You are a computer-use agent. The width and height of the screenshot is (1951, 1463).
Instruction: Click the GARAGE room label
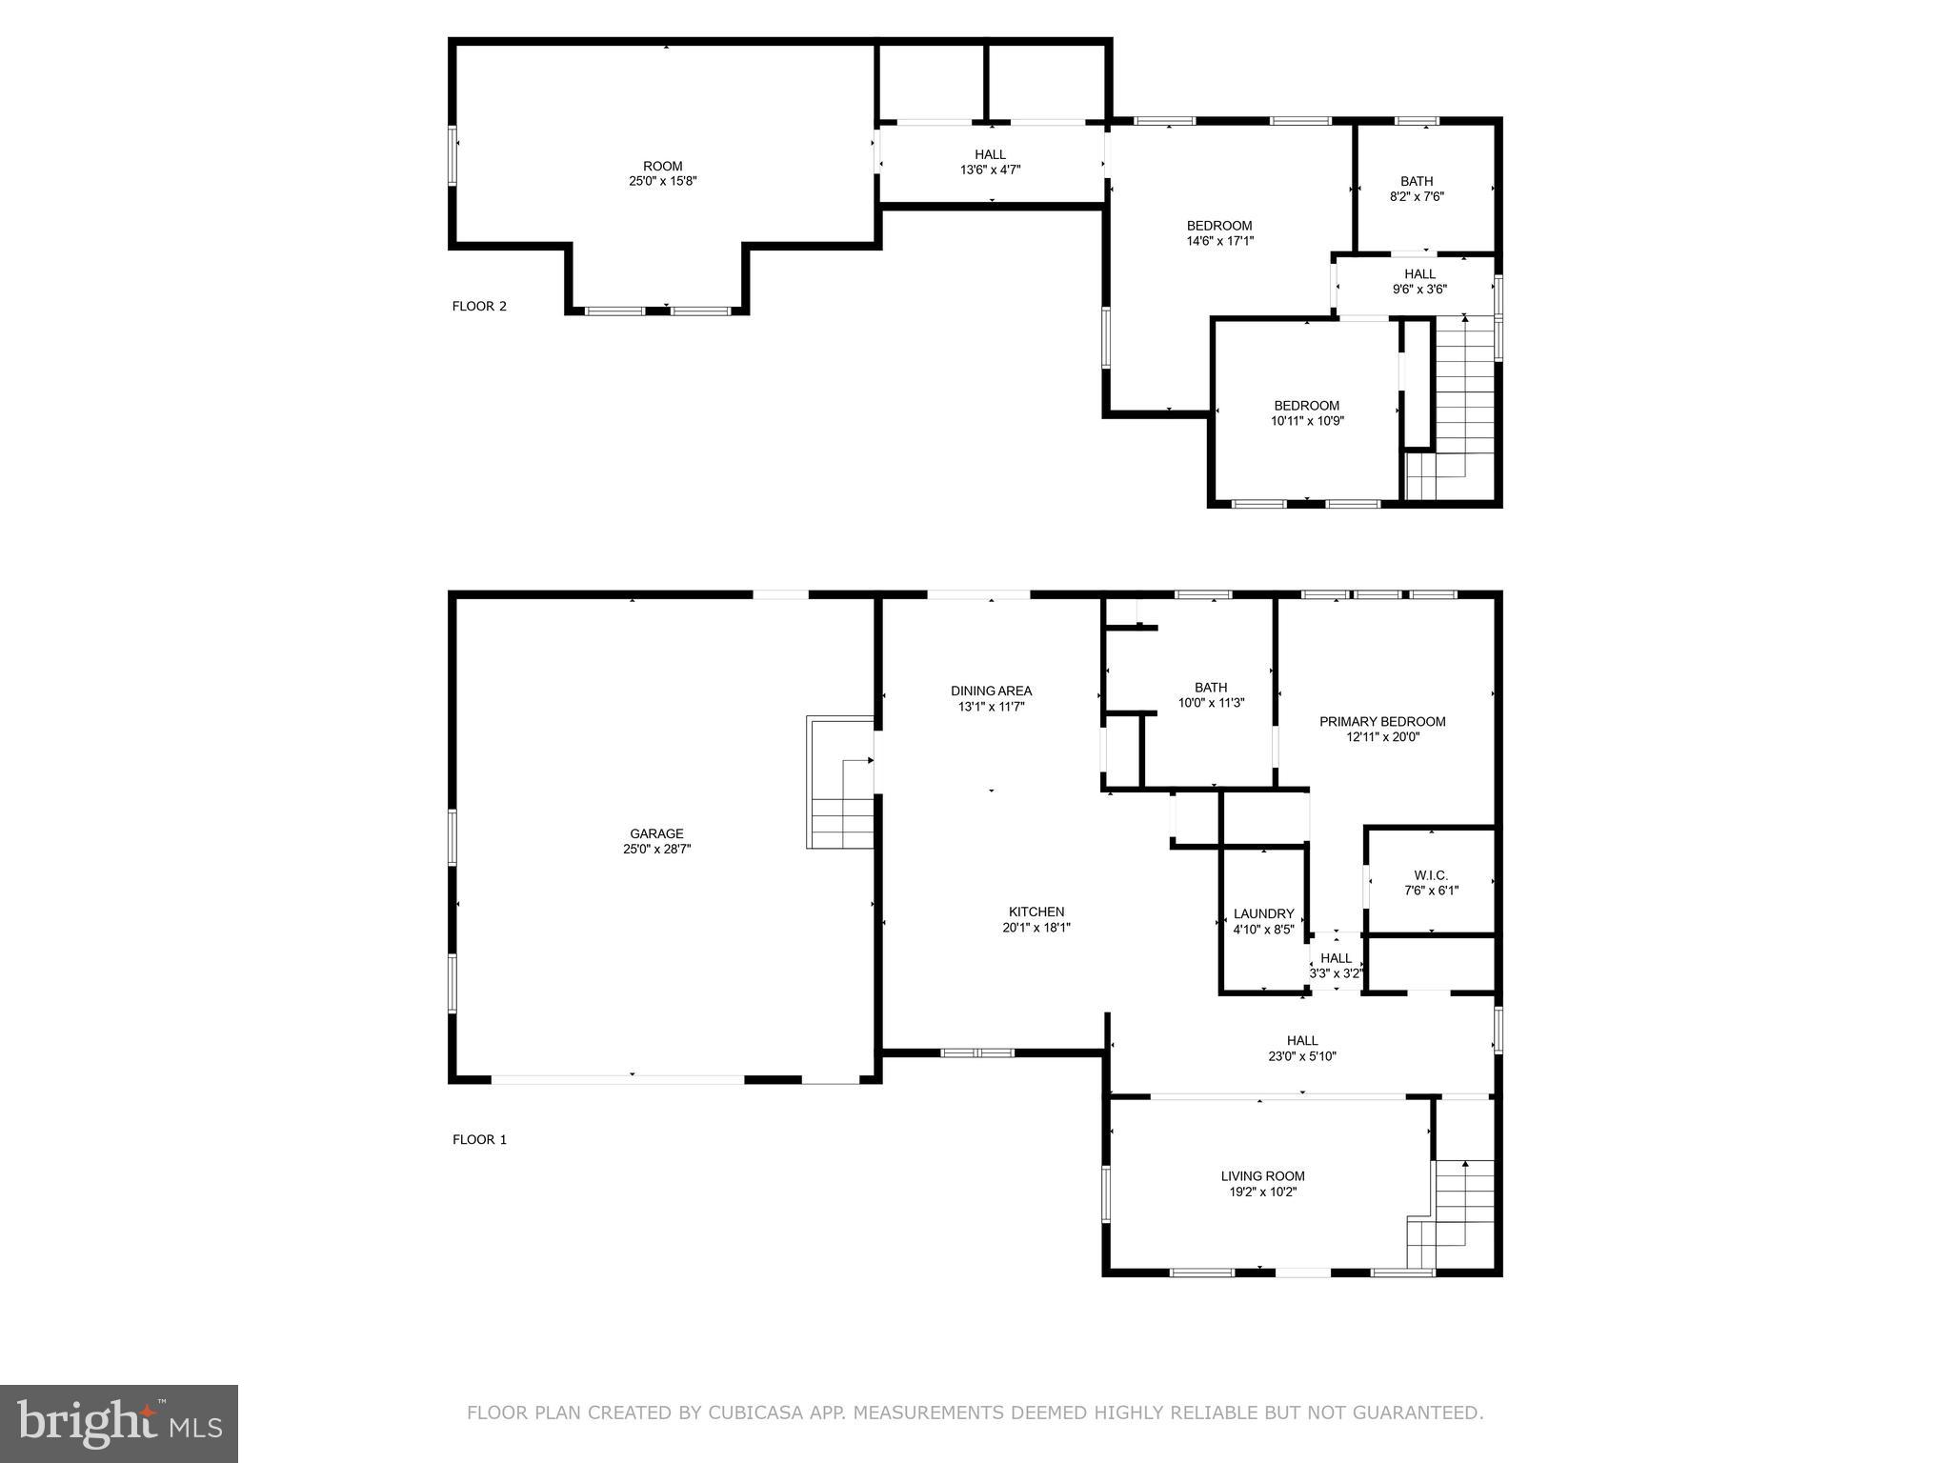[x=656, y=833]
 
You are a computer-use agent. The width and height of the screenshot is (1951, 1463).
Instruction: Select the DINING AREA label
[x=991, y=691]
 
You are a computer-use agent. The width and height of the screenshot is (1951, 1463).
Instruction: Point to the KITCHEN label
[x=1036, y=912]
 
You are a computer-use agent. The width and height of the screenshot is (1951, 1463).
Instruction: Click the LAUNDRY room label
[x=1263, y=913]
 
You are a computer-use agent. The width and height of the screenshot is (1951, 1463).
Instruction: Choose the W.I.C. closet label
[x=1431, y=875]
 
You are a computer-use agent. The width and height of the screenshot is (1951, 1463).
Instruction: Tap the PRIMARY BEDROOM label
[x=1382, y=721]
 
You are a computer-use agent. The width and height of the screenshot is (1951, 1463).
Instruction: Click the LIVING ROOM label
[x=1262, y=1175]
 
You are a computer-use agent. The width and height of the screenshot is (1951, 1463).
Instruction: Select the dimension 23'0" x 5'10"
[x=1302, y=1056]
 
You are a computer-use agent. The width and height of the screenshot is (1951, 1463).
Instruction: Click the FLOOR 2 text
[x=479, y=306]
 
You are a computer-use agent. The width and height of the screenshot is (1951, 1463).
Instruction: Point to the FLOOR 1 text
[x=479, y=1139]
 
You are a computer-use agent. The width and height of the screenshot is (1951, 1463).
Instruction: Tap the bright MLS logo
[x=119, y=1424]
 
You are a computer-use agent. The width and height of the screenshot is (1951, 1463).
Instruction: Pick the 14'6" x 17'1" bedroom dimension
[x=1219, y=241]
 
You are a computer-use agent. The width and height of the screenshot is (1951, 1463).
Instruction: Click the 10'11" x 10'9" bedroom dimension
[x=1307, y=420]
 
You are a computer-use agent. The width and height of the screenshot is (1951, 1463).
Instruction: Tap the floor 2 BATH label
[x=1417, y=181]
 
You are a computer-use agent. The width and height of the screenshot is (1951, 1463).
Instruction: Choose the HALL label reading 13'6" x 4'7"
[x=990, y=154]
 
